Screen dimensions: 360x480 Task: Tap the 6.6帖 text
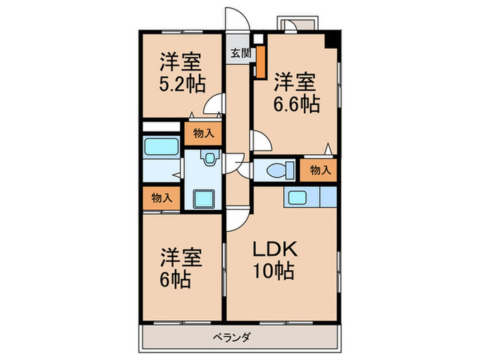point(296,104)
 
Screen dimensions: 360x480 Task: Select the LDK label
point(271,248)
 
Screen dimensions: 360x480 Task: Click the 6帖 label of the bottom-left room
point(176,279)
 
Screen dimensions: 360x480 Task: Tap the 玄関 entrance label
point(239,53)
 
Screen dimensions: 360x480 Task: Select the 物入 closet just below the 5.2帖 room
point(202,134)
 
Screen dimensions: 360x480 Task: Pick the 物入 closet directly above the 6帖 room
point(162,198)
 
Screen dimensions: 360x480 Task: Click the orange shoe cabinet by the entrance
point(261,62)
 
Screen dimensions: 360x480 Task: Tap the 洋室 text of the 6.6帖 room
point(296,81)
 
